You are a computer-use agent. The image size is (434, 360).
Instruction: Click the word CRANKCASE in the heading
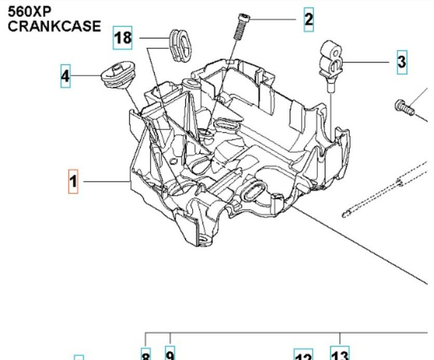(55, 27)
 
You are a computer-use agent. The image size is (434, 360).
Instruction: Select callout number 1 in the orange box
(73, 181)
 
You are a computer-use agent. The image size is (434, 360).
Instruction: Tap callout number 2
(308, 19)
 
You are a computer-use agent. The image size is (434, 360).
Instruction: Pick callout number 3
(401, 62)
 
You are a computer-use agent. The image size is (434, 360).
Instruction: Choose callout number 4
(65, 76)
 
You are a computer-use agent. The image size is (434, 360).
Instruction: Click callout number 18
(123, 37)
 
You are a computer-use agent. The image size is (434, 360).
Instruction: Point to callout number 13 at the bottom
(340, 354)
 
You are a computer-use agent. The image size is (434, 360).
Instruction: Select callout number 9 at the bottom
(170, 355)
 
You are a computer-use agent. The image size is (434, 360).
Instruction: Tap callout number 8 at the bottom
(146, 355)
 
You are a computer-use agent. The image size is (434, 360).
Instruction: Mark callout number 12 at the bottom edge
(304, 355)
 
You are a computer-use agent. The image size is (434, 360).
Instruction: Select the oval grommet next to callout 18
(180, 44)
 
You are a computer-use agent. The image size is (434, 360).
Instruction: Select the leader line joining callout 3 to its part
(367, 63)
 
